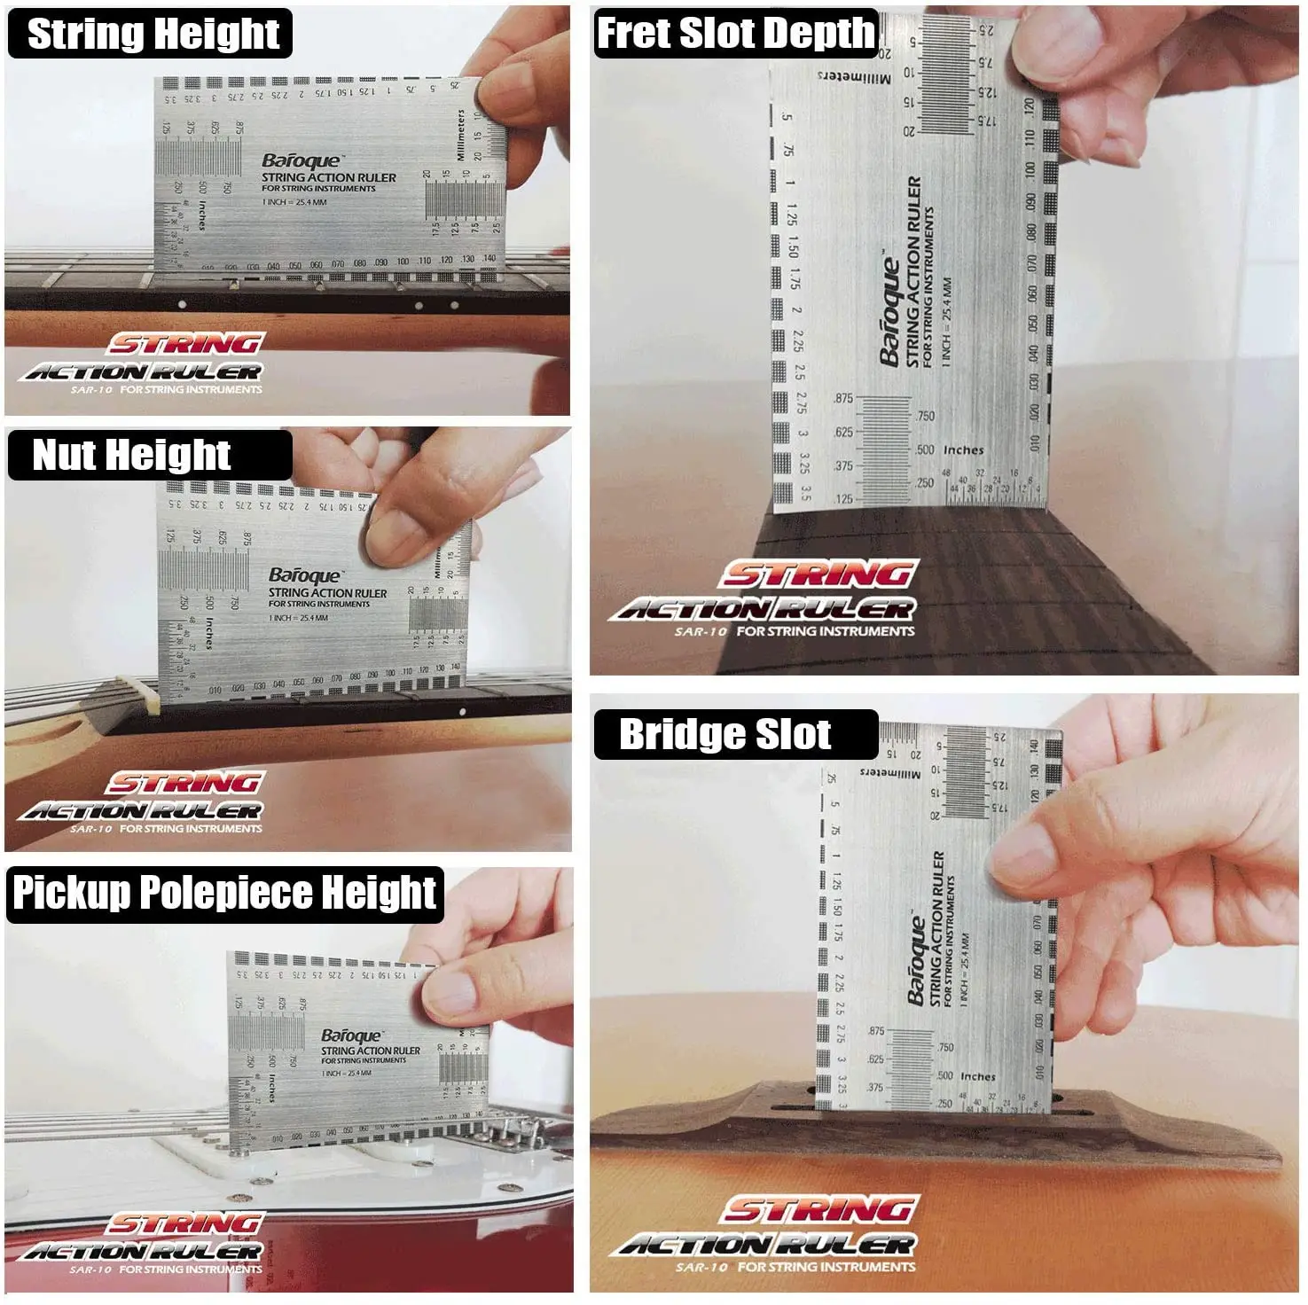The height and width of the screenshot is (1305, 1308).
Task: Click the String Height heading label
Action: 153,34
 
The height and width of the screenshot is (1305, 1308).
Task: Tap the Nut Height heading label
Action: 131,455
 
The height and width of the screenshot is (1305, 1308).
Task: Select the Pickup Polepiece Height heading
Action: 224,893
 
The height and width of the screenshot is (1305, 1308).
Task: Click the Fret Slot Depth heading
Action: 735,34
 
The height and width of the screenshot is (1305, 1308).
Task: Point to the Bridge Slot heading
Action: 724,735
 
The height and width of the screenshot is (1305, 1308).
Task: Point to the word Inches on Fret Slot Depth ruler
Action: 964,450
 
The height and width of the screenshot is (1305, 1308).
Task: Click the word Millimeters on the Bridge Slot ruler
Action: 890,773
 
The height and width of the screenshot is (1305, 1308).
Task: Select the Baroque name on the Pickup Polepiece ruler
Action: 351,1035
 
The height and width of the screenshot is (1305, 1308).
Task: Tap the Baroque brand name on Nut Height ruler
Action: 304,576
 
